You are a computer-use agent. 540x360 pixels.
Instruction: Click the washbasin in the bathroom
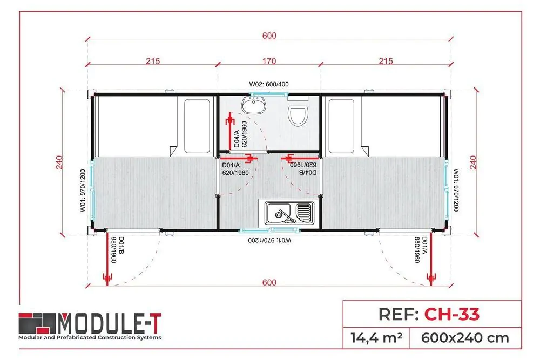pos(253,104)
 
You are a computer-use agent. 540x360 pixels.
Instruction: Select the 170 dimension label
pos(269,61)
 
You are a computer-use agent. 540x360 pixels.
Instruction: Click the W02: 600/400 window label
pos(269,84)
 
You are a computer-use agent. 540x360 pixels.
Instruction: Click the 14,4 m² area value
pos(376,338)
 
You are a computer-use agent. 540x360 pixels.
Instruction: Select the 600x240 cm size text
pos(465,338)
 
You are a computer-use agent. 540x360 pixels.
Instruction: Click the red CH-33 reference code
pos(452,314)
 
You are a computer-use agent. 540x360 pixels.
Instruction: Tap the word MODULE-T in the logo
pos(109,323)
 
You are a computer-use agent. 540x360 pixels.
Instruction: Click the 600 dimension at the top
pos(269,36)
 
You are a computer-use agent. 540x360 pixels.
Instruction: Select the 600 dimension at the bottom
pos(269,283)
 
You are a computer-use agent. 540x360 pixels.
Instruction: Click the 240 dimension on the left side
pos(59,162)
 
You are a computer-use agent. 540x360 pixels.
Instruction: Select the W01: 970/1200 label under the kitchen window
pos(269,240)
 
